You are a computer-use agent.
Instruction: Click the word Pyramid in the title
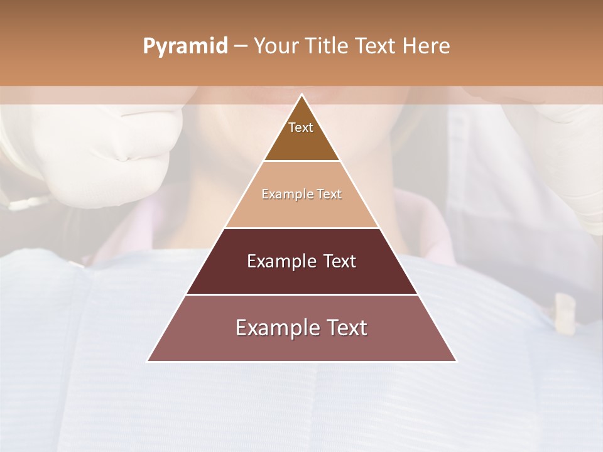(185, 46)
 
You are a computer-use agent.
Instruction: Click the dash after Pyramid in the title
(241, 46)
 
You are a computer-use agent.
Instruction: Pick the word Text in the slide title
(378, 46)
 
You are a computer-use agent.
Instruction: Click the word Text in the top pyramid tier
(301, 127)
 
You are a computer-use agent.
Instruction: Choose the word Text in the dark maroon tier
(339, 261)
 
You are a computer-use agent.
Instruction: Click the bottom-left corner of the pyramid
(148, 361)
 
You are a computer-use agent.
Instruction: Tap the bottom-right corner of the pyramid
(457, 361)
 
